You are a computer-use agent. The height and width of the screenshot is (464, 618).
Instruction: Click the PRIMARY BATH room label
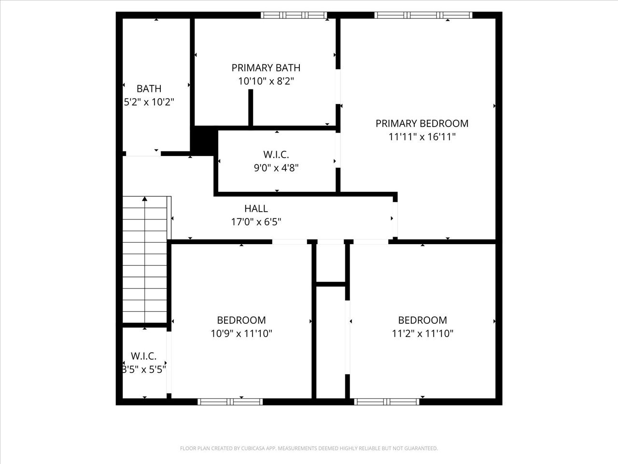[x=266, y=68]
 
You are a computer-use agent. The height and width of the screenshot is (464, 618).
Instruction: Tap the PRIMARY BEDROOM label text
[x=422, y=123]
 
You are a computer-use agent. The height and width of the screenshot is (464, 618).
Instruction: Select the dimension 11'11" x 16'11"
[x=422, y=137]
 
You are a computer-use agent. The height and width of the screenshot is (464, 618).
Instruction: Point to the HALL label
[x=256, y=209]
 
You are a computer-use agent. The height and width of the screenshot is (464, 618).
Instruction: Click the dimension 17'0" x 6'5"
[x=256, y=222]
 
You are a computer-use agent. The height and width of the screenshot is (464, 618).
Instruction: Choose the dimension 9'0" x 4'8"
[x=276, y=168]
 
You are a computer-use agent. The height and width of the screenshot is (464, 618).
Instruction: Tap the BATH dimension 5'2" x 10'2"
[x=149, y=102]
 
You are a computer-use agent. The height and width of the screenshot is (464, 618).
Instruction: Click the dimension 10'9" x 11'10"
[x=241, y=333]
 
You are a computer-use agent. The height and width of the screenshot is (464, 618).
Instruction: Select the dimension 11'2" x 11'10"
[x=422, y=333]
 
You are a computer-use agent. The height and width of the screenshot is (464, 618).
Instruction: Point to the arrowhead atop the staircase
[x=145, y=199]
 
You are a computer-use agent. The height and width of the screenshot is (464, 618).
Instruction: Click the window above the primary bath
[x=294, y=15]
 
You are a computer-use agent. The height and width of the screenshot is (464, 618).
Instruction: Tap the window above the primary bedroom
[x=423, y=15]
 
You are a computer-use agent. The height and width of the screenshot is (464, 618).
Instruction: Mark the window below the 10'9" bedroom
[x=230, y=402]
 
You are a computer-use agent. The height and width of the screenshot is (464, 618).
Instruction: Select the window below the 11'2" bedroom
[x=387, y=402]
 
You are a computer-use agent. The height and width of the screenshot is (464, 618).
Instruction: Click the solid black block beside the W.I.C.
[x=204, y=141]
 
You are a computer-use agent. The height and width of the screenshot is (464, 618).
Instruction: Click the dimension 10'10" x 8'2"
[x=266, y=81]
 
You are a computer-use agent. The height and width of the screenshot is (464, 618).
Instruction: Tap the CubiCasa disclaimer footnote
[x=309, y=448]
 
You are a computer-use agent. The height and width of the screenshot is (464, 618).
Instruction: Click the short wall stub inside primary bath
[x=251, y=107]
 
